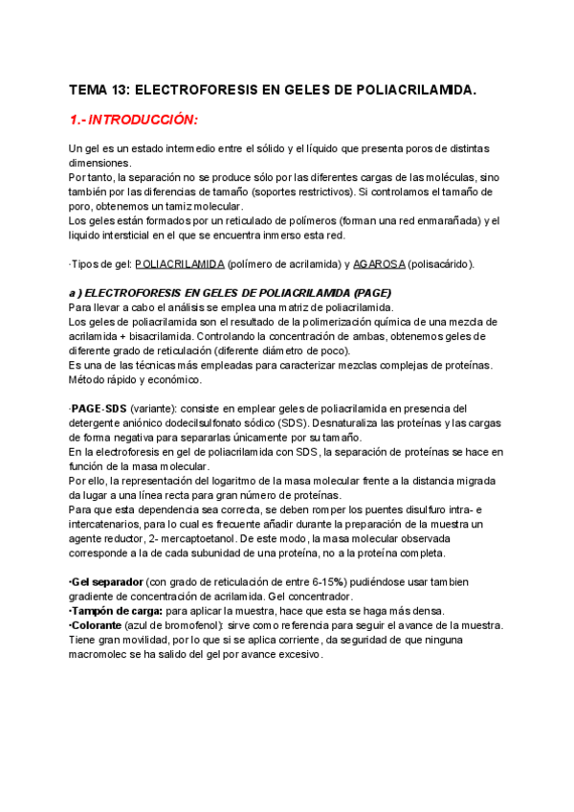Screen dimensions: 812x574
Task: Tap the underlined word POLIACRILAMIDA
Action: (x=181, y=263)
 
